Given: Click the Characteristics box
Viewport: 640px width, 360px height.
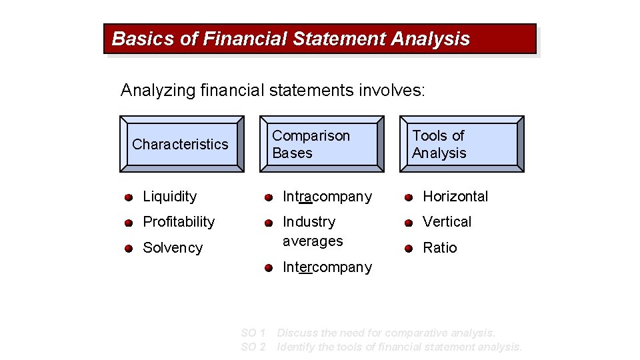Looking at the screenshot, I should (x=181, y=144).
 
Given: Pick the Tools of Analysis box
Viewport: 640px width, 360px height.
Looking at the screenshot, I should (x=461, y=144).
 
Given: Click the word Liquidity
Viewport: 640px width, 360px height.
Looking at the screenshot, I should (x=170, y=197).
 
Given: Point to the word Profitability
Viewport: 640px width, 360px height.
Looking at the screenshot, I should (x=179, y=222).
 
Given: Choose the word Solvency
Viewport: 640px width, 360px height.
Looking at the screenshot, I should (x=173, y=248).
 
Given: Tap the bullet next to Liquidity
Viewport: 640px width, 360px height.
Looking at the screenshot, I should (x=128, y=197).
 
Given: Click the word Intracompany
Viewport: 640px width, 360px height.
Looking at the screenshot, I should (x=327, y=197).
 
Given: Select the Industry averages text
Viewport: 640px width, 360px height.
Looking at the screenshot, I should (x=313, y=231).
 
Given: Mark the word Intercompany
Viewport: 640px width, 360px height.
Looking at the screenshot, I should (x=327, y=267).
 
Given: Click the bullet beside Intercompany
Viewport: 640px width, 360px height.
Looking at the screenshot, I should (x=268, y=268).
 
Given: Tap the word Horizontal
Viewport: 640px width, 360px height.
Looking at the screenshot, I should (x=455, y=197).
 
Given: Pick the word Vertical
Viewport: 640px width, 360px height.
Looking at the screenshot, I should (x=447, y=222).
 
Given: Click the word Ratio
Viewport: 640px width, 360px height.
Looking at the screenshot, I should (x=440, y=248).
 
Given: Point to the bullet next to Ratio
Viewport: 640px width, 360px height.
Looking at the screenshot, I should (x=408, y=249).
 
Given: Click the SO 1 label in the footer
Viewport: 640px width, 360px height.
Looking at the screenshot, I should (x=253, y=333).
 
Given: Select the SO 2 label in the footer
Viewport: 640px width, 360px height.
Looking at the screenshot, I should (x=253, y=347).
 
